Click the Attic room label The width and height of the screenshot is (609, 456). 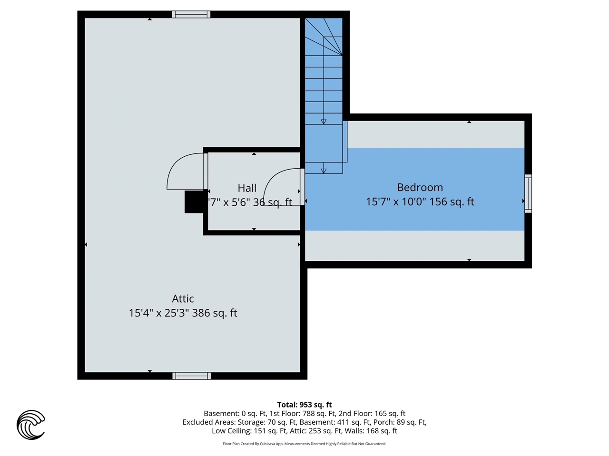coord(183,299)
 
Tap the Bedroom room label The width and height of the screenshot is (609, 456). coord(420,188)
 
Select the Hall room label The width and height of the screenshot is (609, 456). coord(247,189)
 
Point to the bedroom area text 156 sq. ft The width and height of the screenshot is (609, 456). coord(452,202)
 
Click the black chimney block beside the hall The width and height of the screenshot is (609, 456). coord(194,202)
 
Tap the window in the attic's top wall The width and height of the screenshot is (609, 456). coord(191,14)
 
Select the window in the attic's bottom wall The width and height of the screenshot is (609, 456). coord(191,376)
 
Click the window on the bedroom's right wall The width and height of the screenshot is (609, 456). coord(528,194)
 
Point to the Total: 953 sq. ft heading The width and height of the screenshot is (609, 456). coord(304,405)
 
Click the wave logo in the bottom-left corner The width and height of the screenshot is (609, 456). coord(31,425)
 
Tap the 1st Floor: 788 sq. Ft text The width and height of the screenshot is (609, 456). coord(303,414)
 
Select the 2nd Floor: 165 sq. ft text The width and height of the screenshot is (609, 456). coord(372,414)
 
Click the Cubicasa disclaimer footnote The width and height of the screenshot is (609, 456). coord(304,444)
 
